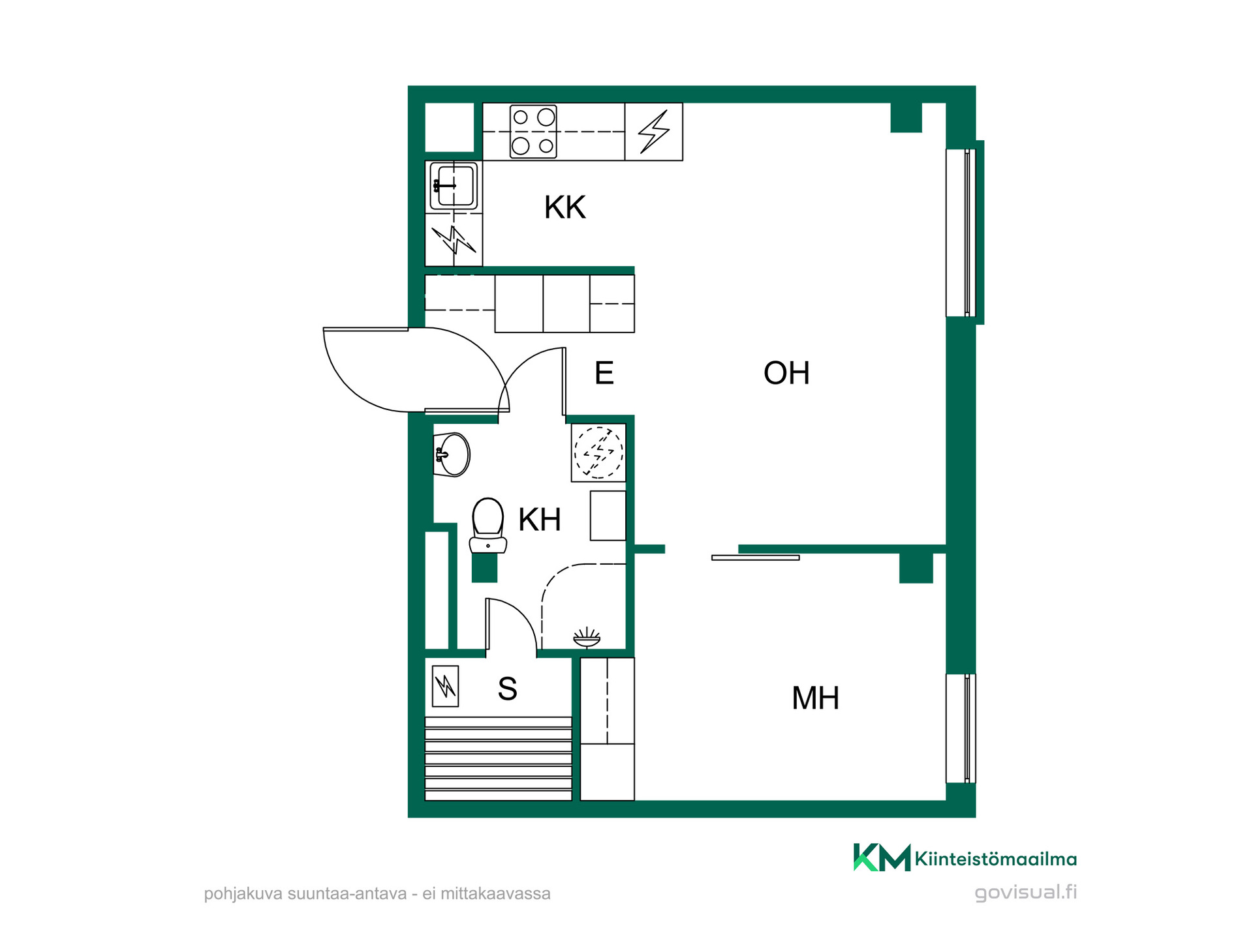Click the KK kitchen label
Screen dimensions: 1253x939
pyautogui.click(x=565, y=207)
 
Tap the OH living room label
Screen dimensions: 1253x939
pyautogui.click(x=786, y=373)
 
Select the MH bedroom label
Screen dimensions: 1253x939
pyautogui.click(x=815, y=698)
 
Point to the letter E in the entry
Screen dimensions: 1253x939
pyautogui.click(x=604, y=373)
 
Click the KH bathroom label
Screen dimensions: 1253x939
pyautogui.click(x=540, y=520)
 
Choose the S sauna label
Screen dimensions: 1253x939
pyautogui.click(x=508, y=689)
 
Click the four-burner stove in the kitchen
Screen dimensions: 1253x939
pyautogui.click(x=533, y=132)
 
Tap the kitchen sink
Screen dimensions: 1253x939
pyautogui.click(x=454, y=186)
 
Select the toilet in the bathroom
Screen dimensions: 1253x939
pyautogui.click(x=488, y=526)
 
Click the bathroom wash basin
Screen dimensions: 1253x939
pyautogui.click(x=452, y=455)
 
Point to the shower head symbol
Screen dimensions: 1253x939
pyautogui.click(x=587, y=638)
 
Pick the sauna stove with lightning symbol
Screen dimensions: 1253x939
pyautogui.click(x=446, y=686)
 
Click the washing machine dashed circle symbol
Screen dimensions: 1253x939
pyautogui.click(x=598, y=452)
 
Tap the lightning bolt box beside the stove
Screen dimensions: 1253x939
pyautogui.click(x=654, y=132)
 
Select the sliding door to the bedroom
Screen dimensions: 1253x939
pyautogui.click(x=756, y=558)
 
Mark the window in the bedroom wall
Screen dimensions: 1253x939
pyautogui.click(x=961, y=728)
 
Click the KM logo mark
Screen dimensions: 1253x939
pyautogui.click(x=882, y=857)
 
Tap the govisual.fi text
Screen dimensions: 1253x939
pyautogui.click(x=1026, y=893)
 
